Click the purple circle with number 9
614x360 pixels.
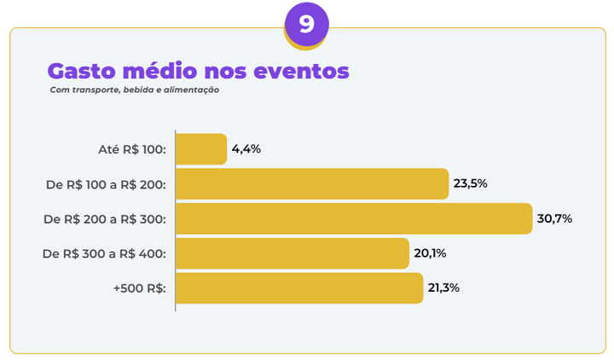tap(306, 24)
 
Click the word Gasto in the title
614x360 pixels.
tap(78, 71)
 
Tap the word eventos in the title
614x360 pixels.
tap(308, 71)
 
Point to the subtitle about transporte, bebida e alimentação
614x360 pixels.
tap(135, 90)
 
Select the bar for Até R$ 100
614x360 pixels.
tap(201, 149)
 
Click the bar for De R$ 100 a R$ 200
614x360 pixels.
tap(312, 183)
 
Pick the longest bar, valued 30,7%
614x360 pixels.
tap(354, 218)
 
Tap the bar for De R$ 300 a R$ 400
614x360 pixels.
tap(293, 253)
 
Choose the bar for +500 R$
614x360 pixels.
tap(299, 287)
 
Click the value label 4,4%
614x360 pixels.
tap(246, 149)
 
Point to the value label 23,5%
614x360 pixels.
tap(470, 183)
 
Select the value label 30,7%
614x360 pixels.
tap(554, 218)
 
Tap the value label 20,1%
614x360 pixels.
tap(431, 253)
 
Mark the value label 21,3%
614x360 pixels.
tap(443, 287)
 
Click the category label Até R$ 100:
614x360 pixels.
tap(132, 149)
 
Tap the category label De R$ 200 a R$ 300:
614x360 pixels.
tap(105, 218)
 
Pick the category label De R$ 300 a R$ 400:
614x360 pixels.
tap(105, 253)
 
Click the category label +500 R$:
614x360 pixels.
tap(139, 287)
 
